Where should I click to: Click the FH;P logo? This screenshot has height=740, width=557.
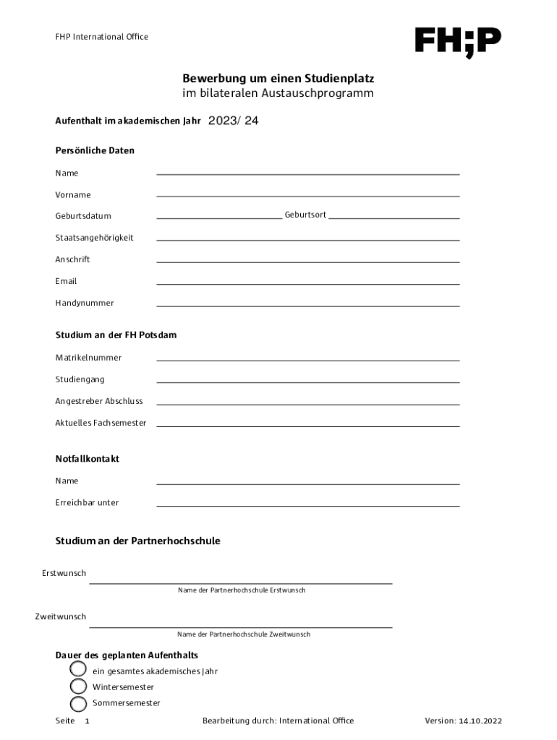(x=457, y=41)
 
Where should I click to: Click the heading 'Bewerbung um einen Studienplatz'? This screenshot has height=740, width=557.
(x=278, y=78)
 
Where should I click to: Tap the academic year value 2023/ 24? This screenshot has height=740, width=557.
(x=233, y=121)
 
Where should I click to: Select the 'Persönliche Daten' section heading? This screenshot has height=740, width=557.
(x=95, y=150)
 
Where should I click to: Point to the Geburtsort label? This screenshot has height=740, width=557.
(x=305, y=215)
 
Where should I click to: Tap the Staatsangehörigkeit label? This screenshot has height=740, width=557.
(x=94, y=237)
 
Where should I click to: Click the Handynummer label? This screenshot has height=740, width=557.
(x=85, y=303)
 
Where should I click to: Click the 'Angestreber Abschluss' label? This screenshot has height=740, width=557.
(x=99, y=401)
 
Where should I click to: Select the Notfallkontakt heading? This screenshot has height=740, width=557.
(x=88, y=459)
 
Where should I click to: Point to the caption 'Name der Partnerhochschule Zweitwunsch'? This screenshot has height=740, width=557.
(x=244, y=634)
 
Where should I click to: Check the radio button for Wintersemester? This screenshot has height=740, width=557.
(x=78, y=687)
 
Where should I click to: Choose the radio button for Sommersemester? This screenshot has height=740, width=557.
(x=78, y=703)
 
